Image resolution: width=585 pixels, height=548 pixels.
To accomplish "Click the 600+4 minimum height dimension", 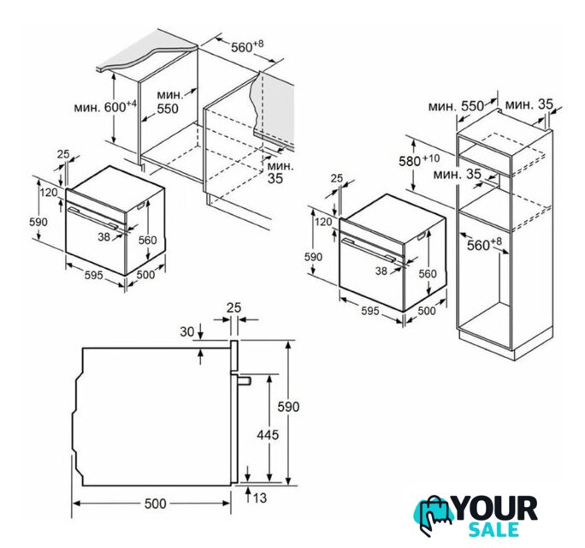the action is click(105, 107).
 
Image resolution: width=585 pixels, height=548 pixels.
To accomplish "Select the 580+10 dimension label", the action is click(419, 160).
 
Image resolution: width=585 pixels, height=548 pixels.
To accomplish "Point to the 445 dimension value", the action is click(268, 435).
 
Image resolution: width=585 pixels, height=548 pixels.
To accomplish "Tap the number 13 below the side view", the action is click(259, 498).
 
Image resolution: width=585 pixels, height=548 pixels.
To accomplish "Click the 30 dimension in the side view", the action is click(187, 331).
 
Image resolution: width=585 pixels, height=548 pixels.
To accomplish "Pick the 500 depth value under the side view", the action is click(155, 503).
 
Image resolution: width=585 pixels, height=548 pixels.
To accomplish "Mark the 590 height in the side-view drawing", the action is click(288, 407).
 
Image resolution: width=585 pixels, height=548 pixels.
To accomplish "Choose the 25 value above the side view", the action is click(234, 307).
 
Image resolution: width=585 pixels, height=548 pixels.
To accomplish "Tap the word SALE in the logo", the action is click(493, 529).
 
